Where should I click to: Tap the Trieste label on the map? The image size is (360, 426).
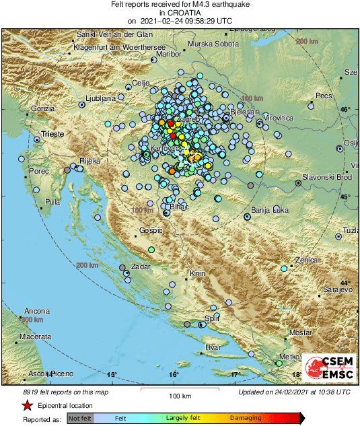(52, 135)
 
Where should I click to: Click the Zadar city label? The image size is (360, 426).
(141, 267)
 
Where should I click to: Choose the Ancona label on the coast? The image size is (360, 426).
(37, 311)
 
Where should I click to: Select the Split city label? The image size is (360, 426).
(212, 318)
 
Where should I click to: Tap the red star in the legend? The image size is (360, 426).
(27, 405)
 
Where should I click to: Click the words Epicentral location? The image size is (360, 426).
(66, 406)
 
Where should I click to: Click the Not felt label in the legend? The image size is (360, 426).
(81, 418)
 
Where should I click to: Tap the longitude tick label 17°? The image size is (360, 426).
(236, 374)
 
